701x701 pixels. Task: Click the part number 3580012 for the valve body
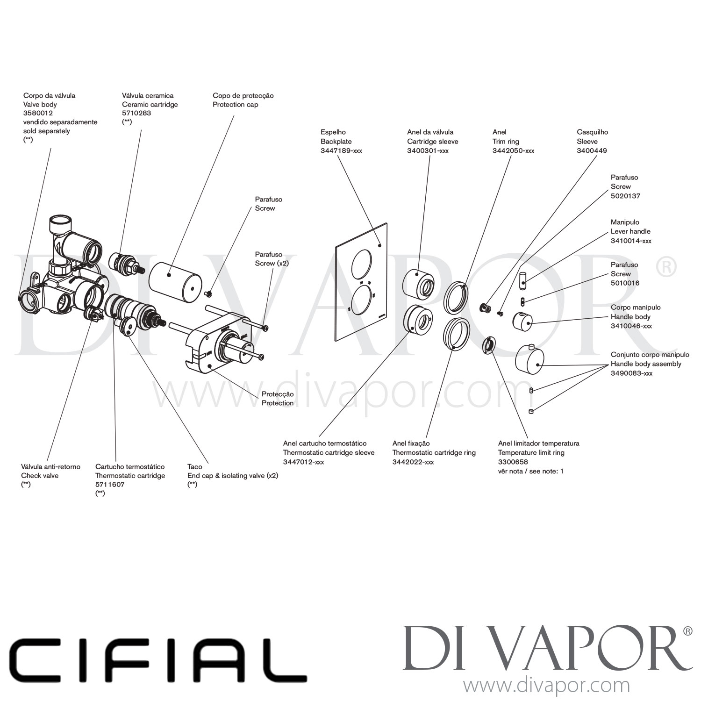[38, 113]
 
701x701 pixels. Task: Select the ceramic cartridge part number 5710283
[136, 113]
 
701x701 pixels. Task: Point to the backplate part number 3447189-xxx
[341, 150]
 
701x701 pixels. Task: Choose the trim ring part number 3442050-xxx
[513, 150]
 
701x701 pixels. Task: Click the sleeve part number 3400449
[592, 150]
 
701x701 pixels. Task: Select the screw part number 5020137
[625, 196]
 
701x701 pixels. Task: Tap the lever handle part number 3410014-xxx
[631, 241]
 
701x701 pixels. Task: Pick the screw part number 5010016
[625, 283]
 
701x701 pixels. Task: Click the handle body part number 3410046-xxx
[631, 326]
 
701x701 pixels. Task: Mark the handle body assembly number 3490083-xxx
[631, 373]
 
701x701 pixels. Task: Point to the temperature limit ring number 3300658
[513, 462]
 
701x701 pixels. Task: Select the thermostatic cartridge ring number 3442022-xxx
[413, 462]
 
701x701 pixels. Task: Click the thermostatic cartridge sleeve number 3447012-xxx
[303, 462]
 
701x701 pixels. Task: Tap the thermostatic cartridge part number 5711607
[110, 485]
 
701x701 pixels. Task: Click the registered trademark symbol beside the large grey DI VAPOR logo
[687, 631]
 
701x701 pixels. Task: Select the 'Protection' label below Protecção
[278, 403]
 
